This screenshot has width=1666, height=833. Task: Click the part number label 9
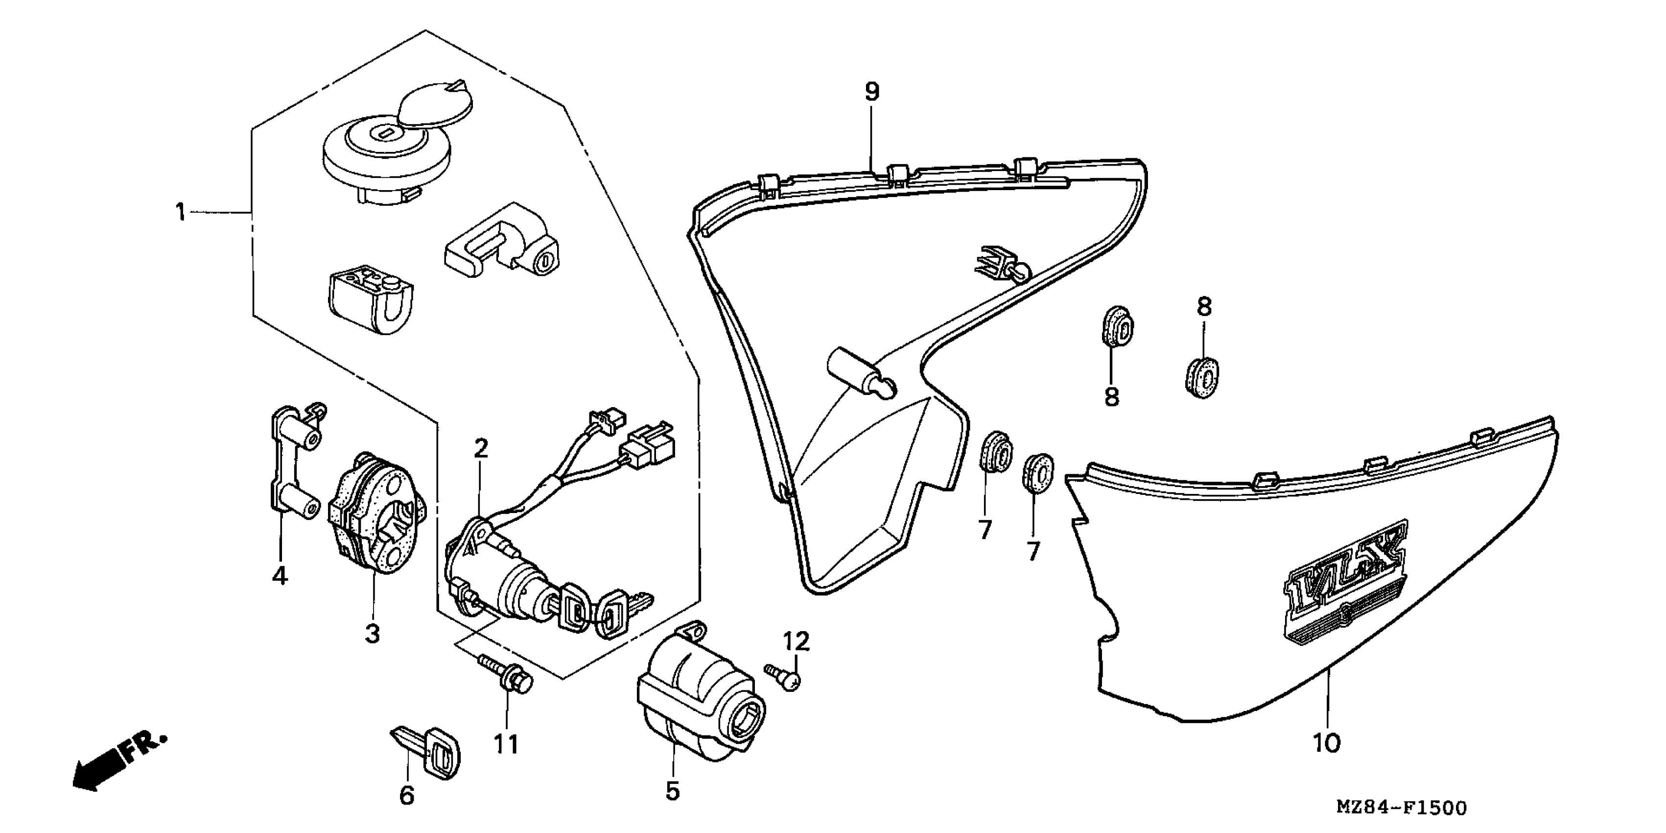tap(872, 93)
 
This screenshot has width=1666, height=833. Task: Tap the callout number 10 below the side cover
tap(1326, 743)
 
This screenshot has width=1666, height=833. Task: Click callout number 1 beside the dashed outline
tap(181, 212)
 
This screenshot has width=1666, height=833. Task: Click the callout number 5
tap(673, 790)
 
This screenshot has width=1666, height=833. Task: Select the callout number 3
tap(372, 634)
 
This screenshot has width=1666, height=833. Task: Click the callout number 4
tap(280, 574)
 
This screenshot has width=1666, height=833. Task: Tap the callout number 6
tap(406, 795)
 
